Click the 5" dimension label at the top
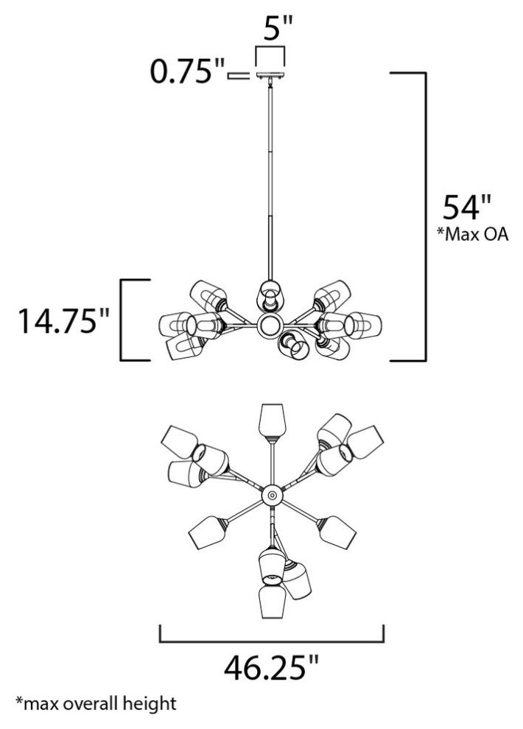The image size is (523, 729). [278, 29]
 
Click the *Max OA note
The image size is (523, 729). [473, 234]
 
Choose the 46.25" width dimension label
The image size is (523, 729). [272, 666]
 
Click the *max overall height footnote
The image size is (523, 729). [96, 703]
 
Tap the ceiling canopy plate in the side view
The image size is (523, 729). [270, 77]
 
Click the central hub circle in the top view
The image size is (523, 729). [272, 495]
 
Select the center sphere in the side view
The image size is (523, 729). [269, 325]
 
